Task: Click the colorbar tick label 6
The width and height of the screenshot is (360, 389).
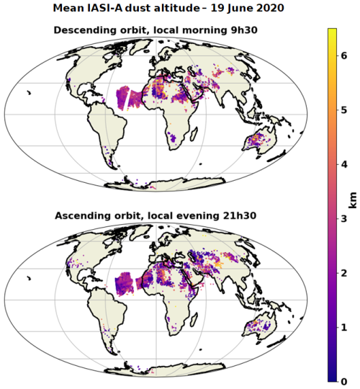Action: (x=344, y=55)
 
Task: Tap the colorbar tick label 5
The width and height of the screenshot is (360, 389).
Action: (x=344, y=110)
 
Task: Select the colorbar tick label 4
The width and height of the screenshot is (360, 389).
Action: (x=344, y=164)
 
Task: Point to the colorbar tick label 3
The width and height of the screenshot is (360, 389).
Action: (x=344, y=219)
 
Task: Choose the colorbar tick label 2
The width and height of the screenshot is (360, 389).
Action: (x=344, y=273)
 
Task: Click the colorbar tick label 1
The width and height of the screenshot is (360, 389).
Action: (x=344, y=328)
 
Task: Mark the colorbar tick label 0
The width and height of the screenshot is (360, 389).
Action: (x=344, y=382)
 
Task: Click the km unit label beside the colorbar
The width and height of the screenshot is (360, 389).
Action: (x=353, y=200)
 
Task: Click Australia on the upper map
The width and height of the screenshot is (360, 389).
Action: (x=260, y=141)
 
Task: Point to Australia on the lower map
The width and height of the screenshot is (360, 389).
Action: (x=260, y=327)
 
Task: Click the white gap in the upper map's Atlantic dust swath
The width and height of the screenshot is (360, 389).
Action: (x=127, y=99)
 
